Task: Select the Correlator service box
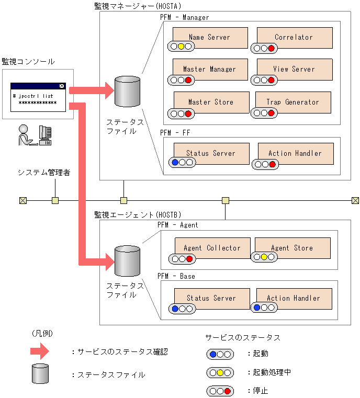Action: [294, 37]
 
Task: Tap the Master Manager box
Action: [210, 69]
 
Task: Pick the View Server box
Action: [294, 69]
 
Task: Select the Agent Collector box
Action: [212, 248]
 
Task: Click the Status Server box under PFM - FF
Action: [211, 153]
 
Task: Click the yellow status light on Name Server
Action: [181, 47]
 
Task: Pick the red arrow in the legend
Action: [40, 352]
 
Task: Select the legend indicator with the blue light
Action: [220, 354]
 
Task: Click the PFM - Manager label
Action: [184, 17]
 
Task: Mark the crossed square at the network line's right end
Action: [355, 200]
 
